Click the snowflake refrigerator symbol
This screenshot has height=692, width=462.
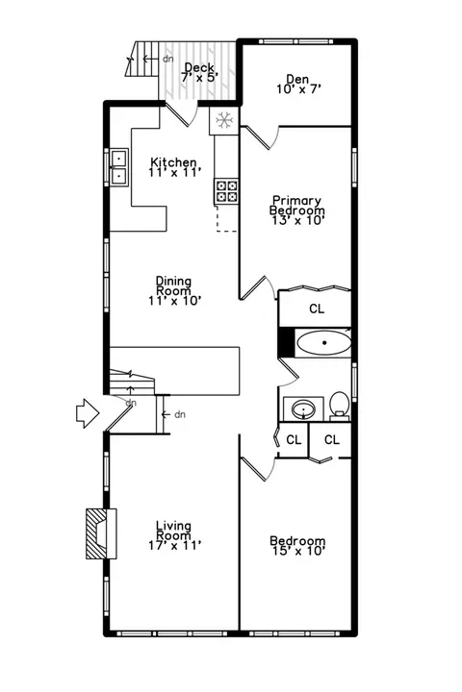pyautogui.click(x=224, y=120)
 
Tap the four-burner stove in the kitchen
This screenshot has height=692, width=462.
pyautogui.click(x=226, y=191)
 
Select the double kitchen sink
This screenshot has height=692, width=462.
pyautogui.click(x=119, y=167)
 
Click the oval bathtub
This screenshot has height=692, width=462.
pyautogui.click(x=324, y=343)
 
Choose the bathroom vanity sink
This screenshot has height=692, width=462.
pyautogui.click(x=303, y=408)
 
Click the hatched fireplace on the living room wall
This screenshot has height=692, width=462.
pyautogui.click(x=101, y=534)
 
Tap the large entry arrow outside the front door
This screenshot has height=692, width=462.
pyautogui.click(x=88, y=413)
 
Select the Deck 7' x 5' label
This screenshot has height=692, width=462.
pyautogui.click(x=199, y=72)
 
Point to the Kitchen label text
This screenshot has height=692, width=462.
pyautogui.click(x=173, y=162)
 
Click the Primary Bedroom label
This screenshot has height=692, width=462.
pyautogui.click(x=297, y=210)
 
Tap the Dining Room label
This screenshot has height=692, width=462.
pyautogui.click(x=174, y=291)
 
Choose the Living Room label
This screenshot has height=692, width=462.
pyautogui.click(x=174, y=535)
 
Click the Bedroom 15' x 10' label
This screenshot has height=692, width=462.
pyautogui.click(x=297, y=546)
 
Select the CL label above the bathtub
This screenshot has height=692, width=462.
pyautogui.click(x=317, y=309)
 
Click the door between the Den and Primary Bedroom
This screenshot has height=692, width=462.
pyautogui.click(x=261, y=137)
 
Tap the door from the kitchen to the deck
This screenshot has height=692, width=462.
pyautogui.click(x=181, y=114)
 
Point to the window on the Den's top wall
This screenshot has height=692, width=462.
pyautogui.click(x=295, y=41)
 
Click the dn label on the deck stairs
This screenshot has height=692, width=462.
pyautogui.click(x=167, y=59)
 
